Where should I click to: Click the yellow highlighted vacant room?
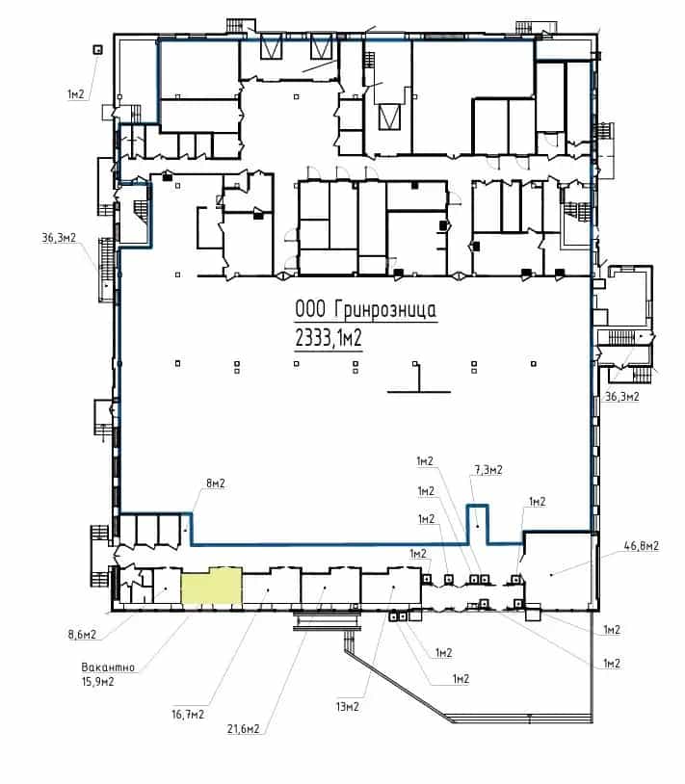[x=212, y=588]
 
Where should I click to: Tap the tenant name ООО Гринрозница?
[x=365, y=309]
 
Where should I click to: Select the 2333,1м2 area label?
[x=329, y=338]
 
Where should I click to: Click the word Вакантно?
[x=108, y=667]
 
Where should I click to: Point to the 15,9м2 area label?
[x=97, y=682]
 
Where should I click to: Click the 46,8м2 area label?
[x=642, y=545]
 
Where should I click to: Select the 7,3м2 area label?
[x=488, y=470]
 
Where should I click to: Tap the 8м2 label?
[x=216, y=483]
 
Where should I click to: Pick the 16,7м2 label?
[x=188, y=715]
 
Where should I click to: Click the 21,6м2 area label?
[x=244, y=729]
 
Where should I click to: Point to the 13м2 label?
[x=348, y=707]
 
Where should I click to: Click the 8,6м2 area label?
[x=82, y=635]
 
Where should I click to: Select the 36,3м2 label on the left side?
[x=59, y=238]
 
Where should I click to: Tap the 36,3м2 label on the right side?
[x=622, y=397]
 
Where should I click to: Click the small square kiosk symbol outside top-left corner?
[x=98, y=49]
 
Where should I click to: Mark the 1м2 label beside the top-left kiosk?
[x=76, y=93]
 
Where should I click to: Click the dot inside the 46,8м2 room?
[x=551, y=575]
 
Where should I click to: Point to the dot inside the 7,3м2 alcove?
[x=478, y=526]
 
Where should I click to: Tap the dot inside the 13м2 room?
[x=393, y=587]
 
